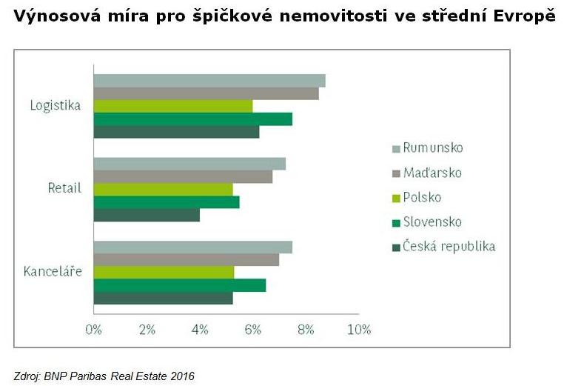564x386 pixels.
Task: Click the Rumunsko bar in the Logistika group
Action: (x=209, y=81)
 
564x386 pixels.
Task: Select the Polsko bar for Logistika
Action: (x=173, y=106)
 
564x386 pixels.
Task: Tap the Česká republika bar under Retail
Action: (x=147, y=215)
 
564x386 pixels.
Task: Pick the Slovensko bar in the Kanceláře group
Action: (x=180, y=285)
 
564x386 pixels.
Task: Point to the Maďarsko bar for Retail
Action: (x=183, y=176)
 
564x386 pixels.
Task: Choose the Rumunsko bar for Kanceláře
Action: (x=193, y=247)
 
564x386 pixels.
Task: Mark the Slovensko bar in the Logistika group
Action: (x=193, y=119)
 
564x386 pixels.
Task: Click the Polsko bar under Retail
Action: (x=163, y=189)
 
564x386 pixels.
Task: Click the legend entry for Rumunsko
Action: (x=433, y=147)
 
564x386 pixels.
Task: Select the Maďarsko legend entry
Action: (x=432, y=173)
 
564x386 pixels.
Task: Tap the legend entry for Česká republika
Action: (x=449, y=247)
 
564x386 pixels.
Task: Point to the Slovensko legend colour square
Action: (x=396, y=222)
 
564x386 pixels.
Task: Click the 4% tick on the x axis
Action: (x=200, y=329)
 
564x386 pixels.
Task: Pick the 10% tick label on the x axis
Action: (x=358, y=329)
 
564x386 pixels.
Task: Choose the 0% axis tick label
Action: (x=93, y=329)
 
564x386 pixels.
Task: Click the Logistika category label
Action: (x=55, y=105)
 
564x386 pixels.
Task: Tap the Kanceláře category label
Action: (x=53, y=270)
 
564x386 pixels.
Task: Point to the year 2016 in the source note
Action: (x=181, y=376)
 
